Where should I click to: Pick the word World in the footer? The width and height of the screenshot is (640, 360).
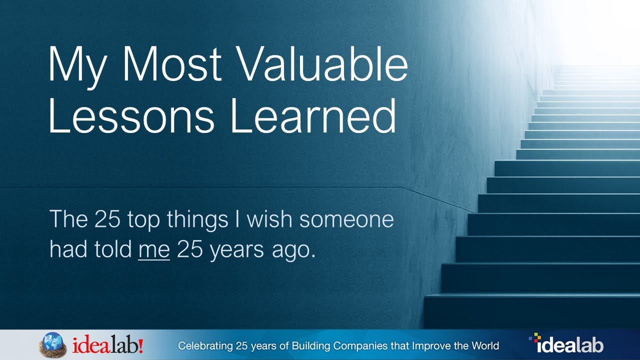[485, 345]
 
